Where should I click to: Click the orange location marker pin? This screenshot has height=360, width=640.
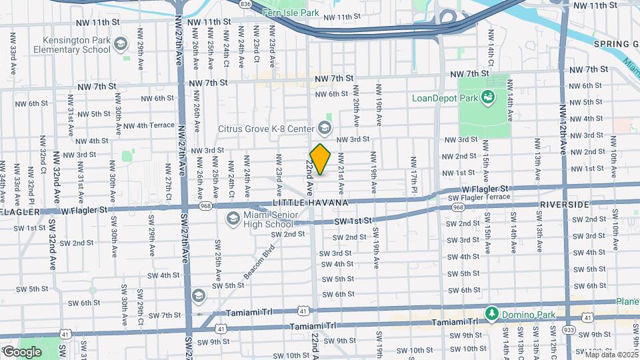click(x=321, y=159)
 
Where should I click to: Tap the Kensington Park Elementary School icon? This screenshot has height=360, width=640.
click(x=121, y=45)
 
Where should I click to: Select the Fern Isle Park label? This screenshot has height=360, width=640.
click(x=281, y=12)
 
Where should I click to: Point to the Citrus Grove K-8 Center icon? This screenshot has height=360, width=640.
click(x=325, y=127)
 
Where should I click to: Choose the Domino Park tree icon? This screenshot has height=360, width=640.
click(x=492, y=313)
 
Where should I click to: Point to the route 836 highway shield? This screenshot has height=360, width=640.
click(x=246, y=4)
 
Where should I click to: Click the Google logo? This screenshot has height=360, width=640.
click(x=22, y=351)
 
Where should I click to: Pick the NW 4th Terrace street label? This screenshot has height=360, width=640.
click(x=148, y=125)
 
